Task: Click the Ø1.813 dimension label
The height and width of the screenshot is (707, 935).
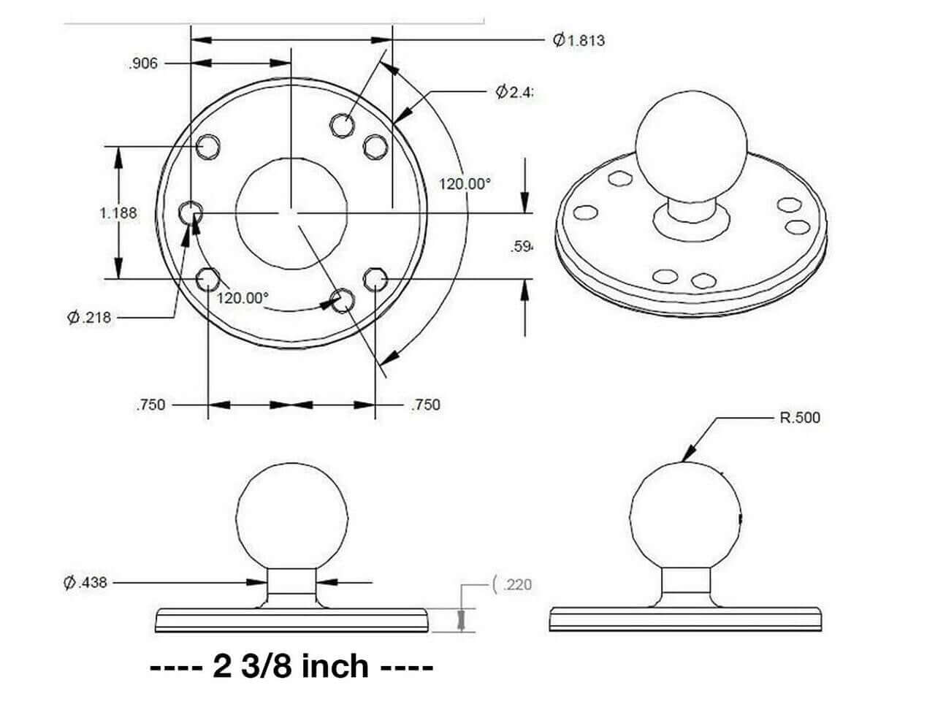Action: coord(579,40)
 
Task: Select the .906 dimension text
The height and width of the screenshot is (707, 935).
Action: coord(142,64)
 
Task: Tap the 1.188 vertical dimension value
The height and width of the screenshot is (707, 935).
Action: coord(118,213)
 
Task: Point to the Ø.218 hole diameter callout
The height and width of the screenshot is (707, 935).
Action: coord(89,318)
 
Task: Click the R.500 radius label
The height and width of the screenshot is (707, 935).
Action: coord(800,418)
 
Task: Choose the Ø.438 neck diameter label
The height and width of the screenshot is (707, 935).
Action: coord(85,583)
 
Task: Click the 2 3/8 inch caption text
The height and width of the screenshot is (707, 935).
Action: coord(291,667)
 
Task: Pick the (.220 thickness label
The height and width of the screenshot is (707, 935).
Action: coord(514,584)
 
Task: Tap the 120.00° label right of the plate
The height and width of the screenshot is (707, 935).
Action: coord(465,184)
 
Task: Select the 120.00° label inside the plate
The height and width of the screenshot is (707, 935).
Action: coord(243,298)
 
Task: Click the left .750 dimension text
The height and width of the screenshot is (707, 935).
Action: coord(150,405)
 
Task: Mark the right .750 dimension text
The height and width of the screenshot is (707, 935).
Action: coord(425,405)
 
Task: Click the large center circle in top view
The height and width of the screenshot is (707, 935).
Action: coord(291,213)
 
